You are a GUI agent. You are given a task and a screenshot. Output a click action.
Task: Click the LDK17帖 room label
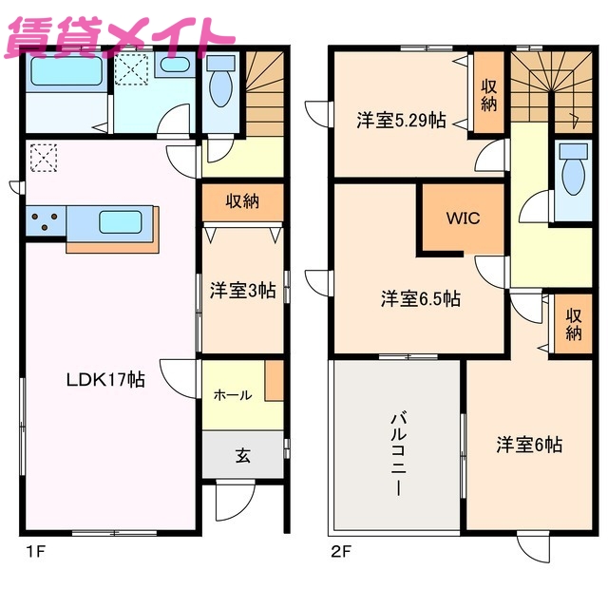coord(104,380)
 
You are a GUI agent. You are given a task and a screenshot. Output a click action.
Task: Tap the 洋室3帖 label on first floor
coord(242,291)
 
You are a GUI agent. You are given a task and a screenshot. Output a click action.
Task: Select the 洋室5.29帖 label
coord(401,121)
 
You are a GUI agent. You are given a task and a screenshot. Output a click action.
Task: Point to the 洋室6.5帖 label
coord(421,299)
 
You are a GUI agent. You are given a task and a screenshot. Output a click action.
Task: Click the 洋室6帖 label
coord(529,444)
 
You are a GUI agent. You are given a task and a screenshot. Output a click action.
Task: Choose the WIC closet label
coord(464,218)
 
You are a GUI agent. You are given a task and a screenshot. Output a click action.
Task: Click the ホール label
coord(233,394)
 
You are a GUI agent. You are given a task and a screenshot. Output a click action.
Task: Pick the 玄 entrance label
coord(243,456)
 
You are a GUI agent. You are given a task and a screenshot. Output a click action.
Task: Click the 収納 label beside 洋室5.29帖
coord(488,95)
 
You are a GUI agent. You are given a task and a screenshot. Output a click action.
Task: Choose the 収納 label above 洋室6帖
coord(573,324)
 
